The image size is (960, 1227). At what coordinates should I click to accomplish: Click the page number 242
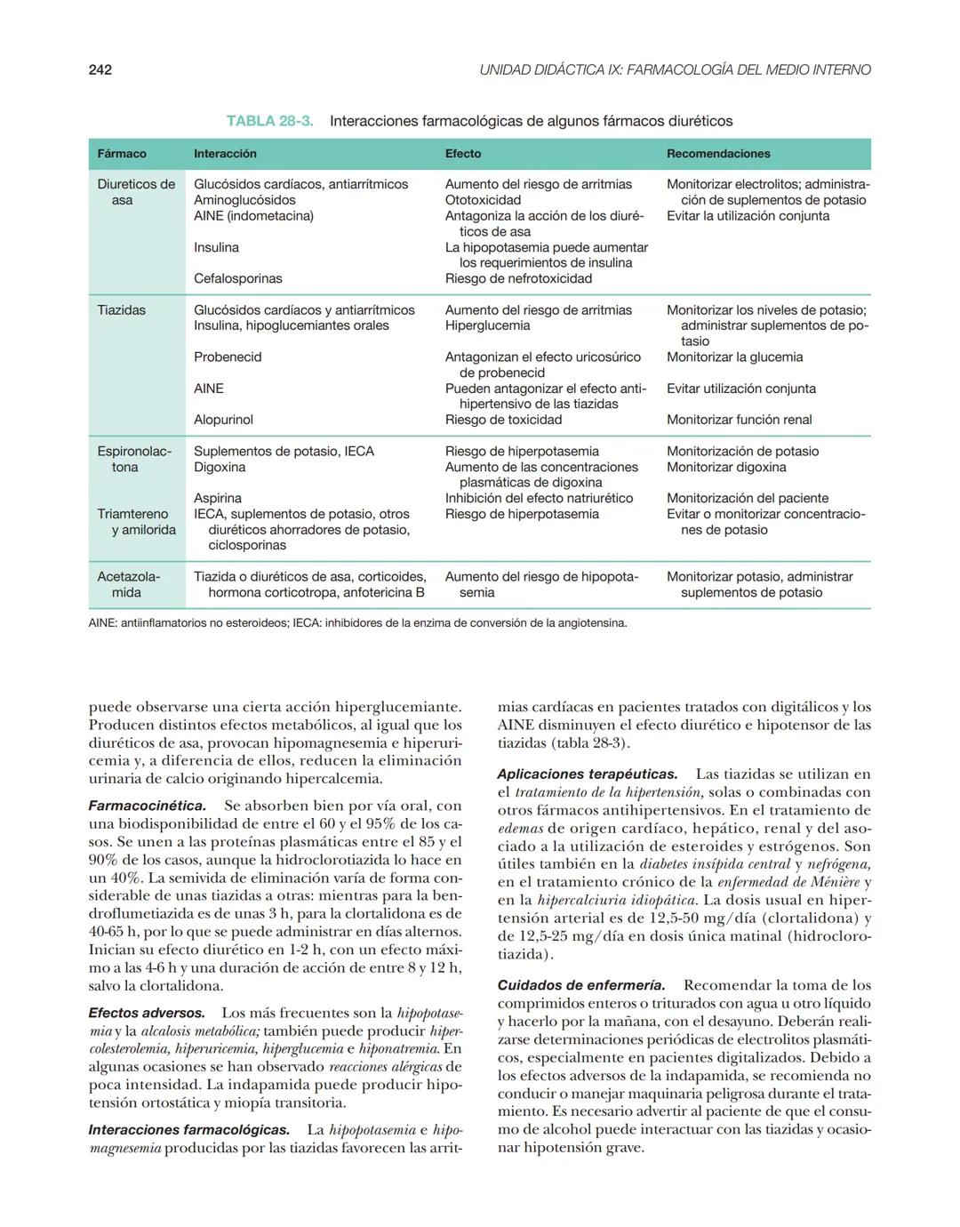coord(100,69)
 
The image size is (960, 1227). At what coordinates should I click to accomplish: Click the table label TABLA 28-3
coord(269,121)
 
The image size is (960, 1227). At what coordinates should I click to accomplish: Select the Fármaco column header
coord(122,154)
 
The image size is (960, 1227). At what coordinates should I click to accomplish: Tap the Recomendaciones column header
coord(718,154)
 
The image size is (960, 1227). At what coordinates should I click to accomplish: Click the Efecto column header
coord(463,154)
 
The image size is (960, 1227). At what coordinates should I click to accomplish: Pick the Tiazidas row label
coord(122,310)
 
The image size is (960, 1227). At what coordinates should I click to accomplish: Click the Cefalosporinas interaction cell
coord(238,278)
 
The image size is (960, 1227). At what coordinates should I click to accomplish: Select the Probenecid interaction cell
coord(228,357)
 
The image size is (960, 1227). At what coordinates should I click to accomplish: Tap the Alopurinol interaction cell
coord(223,420)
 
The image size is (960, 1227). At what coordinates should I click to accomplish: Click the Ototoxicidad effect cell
coord(483,200)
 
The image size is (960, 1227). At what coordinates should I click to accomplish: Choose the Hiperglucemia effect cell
coord(487,325)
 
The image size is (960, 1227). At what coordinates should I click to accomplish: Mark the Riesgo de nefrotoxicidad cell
coord(518,278)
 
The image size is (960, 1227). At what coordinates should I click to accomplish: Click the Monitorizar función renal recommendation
coord(740,420)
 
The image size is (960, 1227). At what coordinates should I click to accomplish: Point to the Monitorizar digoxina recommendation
coord(726,467)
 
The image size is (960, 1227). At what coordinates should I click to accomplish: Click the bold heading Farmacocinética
coord(148,806)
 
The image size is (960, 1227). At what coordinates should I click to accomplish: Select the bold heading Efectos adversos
coord(147,1013)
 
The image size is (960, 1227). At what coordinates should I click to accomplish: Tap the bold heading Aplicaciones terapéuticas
coord(588,774)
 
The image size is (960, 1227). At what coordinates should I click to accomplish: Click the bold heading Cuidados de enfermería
coord(581,985)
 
